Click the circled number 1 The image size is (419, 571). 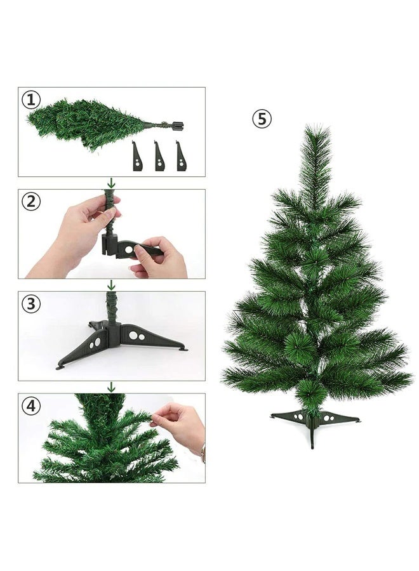(31, 100)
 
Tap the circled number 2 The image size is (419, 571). (31, 202)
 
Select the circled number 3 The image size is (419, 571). (31, 304)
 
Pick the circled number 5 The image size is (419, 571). (262, 119)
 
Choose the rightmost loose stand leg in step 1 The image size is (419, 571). (181, 156)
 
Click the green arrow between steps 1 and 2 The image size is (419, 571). (111, 183)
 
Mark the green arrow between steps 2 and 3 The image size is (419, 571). (111, 285)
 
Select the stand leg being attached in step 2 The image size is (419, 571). (136, 249)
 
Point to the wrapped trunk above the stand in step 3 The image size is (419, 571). (112, 308)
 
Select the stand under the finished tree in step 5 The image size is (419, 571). (313, 422)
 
